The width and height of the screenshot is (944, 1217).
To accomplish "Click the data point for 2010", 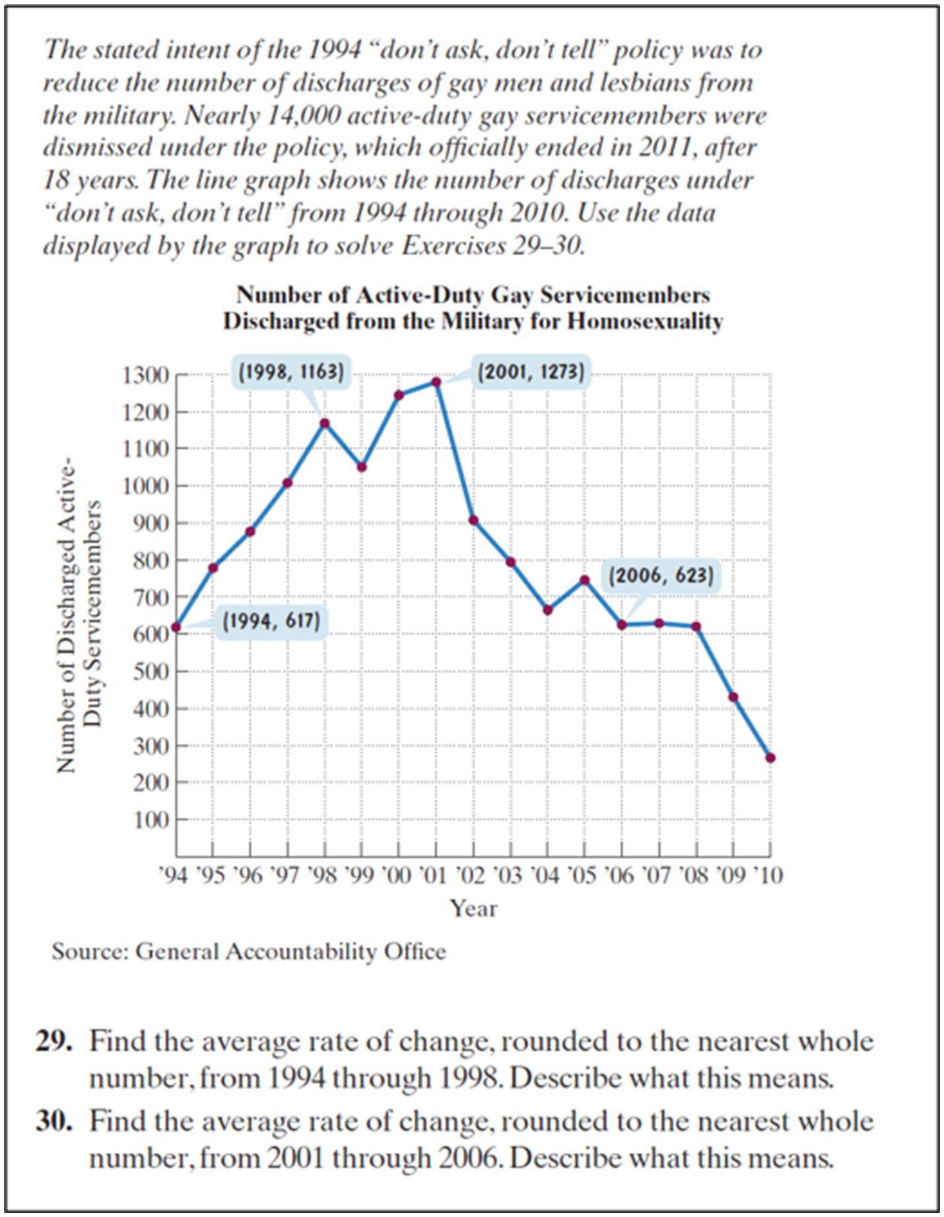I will tap(770, 758).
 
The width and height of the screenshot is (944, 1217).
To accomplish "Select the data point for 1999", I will tap(362, 467).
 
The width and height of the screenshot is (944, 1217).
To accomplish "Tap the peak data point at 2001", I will tap(436, 382).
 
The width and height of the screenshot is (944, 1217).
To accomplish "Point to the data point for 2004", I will tap(547, 610).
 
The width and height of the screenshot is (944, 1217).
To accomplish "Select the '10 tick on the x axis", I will tap(767, 875).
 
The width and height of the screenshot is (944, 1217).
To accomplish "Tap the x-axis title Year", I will tap(473, 908).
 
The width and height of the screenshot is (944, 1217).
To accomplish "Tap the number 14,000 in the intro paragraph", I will tap(304, 115).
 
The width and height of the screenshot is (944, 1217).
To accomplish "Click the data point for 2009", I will tap(733, 697).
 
